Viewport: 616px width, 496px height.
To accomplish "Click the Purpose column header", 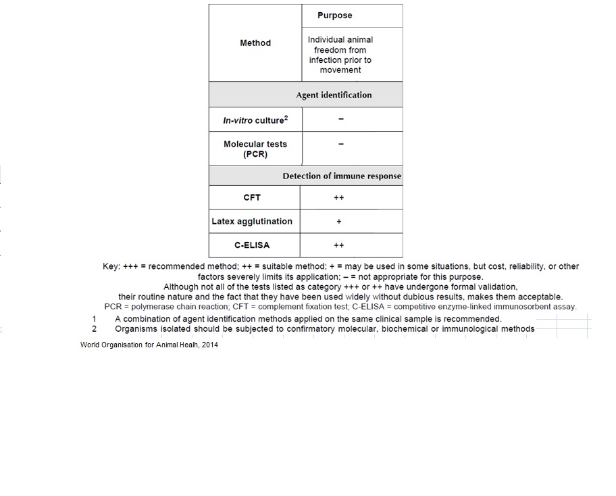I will [x=334, y=16].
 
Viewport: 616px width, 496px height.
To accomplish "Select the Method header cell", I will [x=255, y=43].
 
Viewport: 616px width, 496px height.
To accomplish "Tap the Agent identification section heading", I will [x=334, y=95].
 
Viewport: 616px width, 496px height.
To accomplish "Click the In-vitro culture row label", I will [x=255, y=120].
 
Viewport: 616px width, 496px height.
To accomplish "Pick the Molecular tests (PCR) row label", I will [x=255, y=149].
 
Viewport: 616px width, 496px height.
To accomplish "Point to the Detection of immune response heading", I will [x=342, y=176].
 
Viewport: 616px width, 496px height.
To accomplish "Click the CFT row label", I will [x=252, y=197].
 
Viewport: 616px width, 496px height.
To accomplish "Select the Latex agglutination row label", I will [x=252, y=221].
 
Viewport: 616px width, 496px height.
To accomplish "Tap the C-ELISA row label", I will [x=252, y=245].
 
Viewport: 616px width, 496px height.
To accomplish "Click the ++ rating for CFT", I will [x=339, y=197].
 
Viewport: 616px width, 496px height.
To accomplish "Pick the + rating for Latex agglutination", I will [x=339, y=221].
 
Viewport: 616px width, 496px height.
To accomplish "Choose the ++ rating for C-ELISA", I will [x=339, y=245].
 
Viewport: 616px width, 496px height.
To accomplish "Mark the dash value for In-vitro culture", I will [x=341, y=120].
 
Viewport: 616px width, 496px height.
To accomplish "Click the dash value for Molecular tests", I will [x=341, y=144].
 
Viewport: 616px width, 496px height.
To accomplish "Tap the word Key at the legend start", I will [x=111, y=267].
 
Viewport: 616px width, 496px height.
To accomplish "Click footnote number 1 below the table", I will [x=95, y=319].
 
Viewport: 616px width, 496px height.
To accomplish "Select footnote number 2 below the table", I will [x=95, y=329].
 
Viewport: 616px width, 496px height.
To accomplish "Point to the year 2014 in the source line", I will [x=209, y=345].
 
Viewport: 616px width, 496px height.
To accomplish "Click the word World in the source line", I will [x=91, y=345].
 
